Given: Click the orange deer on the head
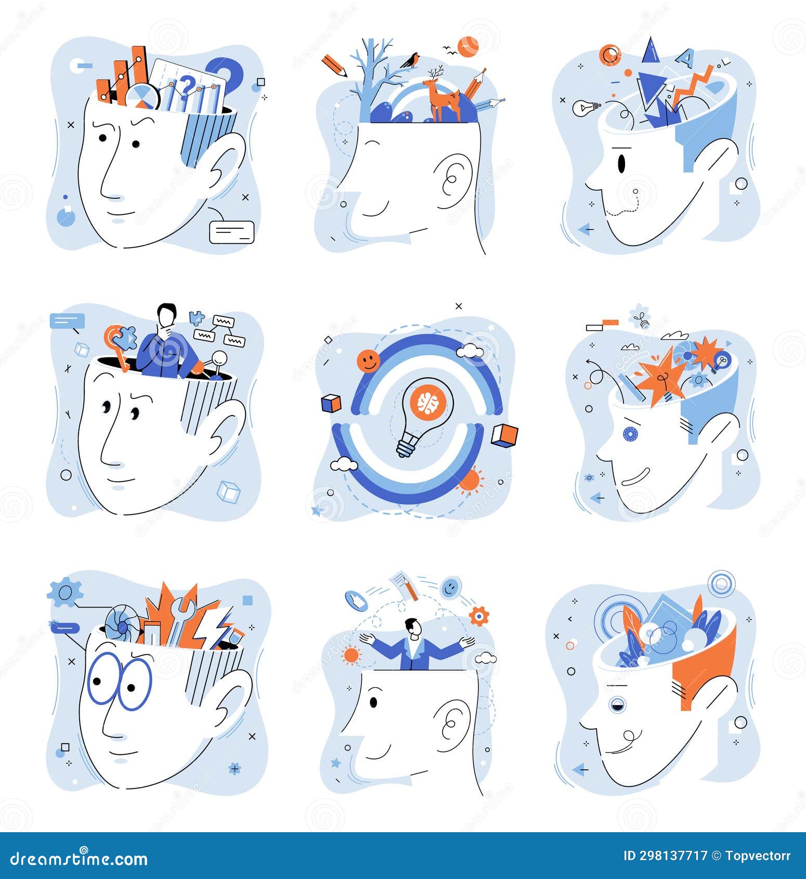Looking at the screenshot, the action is (442, 98).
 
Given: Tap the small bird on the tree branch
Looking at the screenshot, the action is (411, 60).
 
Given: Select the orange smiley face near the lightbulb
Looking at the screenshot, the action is (368, 361).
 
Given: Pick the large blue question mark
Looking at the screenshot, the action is (226, 75).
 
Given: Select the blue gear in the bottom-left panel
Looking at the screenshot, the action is (65, 592).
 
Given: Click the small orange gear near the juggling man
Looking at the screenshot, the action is (479, 616).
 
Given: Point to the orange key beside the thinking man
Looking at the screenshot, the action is (118, 346).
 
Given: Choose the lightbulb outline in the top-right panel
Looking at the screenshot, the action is (587, 108).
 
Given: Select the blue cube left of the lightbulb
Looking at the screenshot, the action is (331, 403).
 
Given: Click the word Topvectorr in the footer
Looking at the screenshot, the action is (758, 856).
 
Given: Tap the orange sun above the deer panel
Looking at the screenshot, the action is (468, 46).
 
